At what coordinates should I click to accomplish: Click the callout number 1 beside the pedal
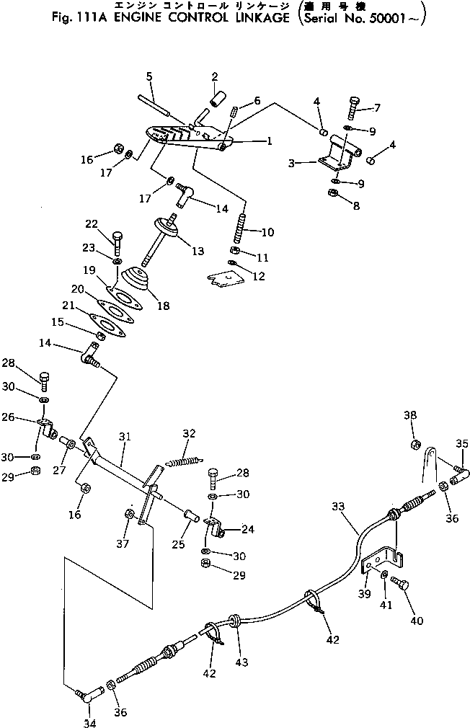[268, 142]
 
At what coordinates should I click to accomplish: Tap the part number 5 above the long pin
[149, 76]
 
